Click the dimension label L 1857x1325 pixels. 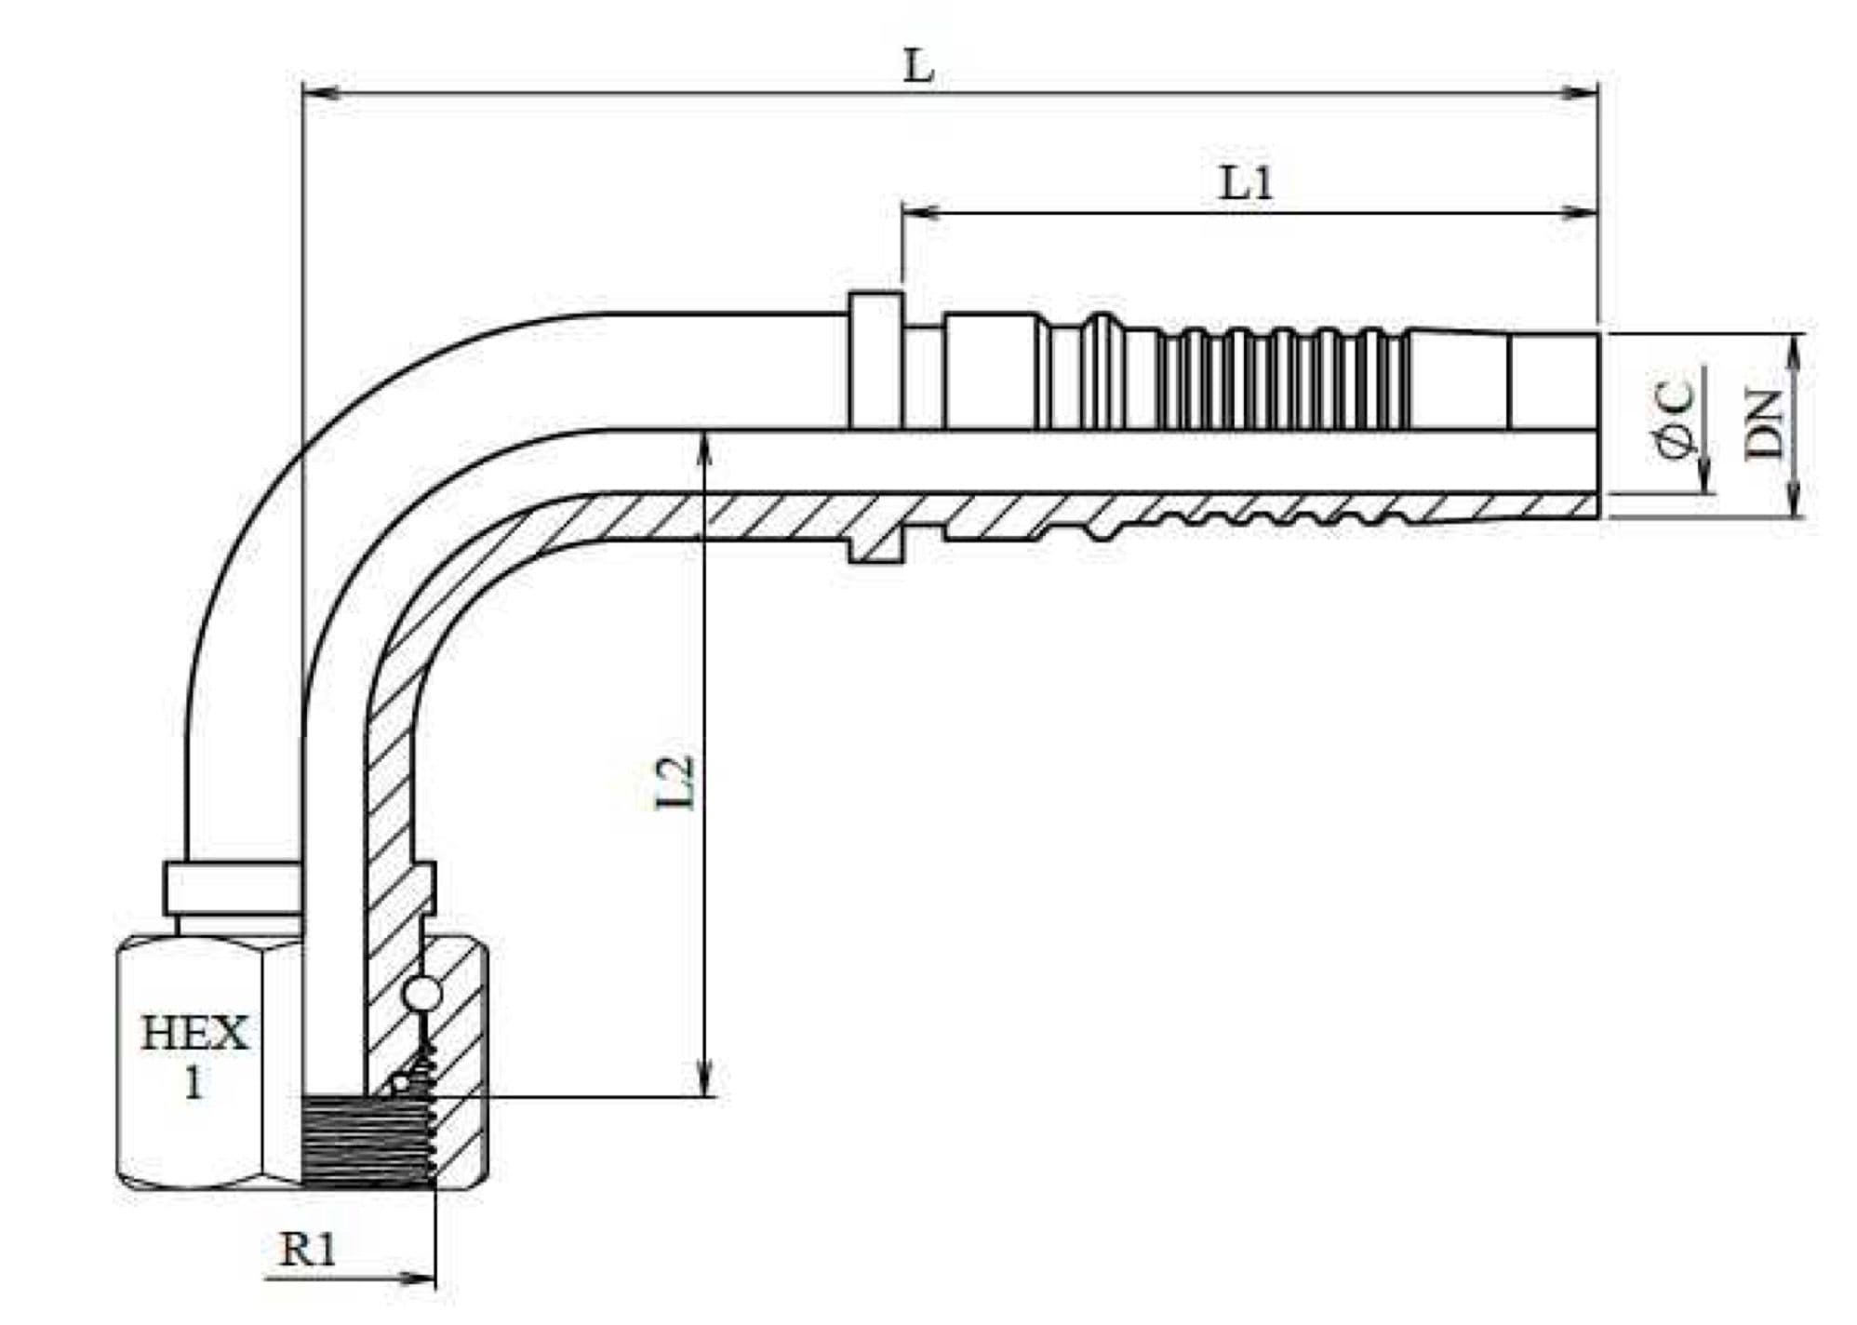pos(919,66)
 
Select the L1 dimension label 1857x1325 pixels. pos(1247,184)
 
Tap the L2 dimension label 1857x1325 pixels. pos(676,783)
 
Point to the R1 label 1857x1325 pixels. pos(308,1250)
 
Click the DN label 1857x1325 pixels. pos(1765,424)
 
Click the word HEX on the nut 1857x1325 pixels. pos(194,1034)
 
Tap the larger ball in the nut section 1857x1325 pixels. pos(422,994)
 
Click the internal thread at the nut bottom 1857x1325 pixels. pos(367,1140)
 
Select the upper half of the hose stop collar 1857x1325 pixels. pos(875,360)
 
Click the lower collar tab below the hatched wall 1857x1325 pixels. pos(876,550)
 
